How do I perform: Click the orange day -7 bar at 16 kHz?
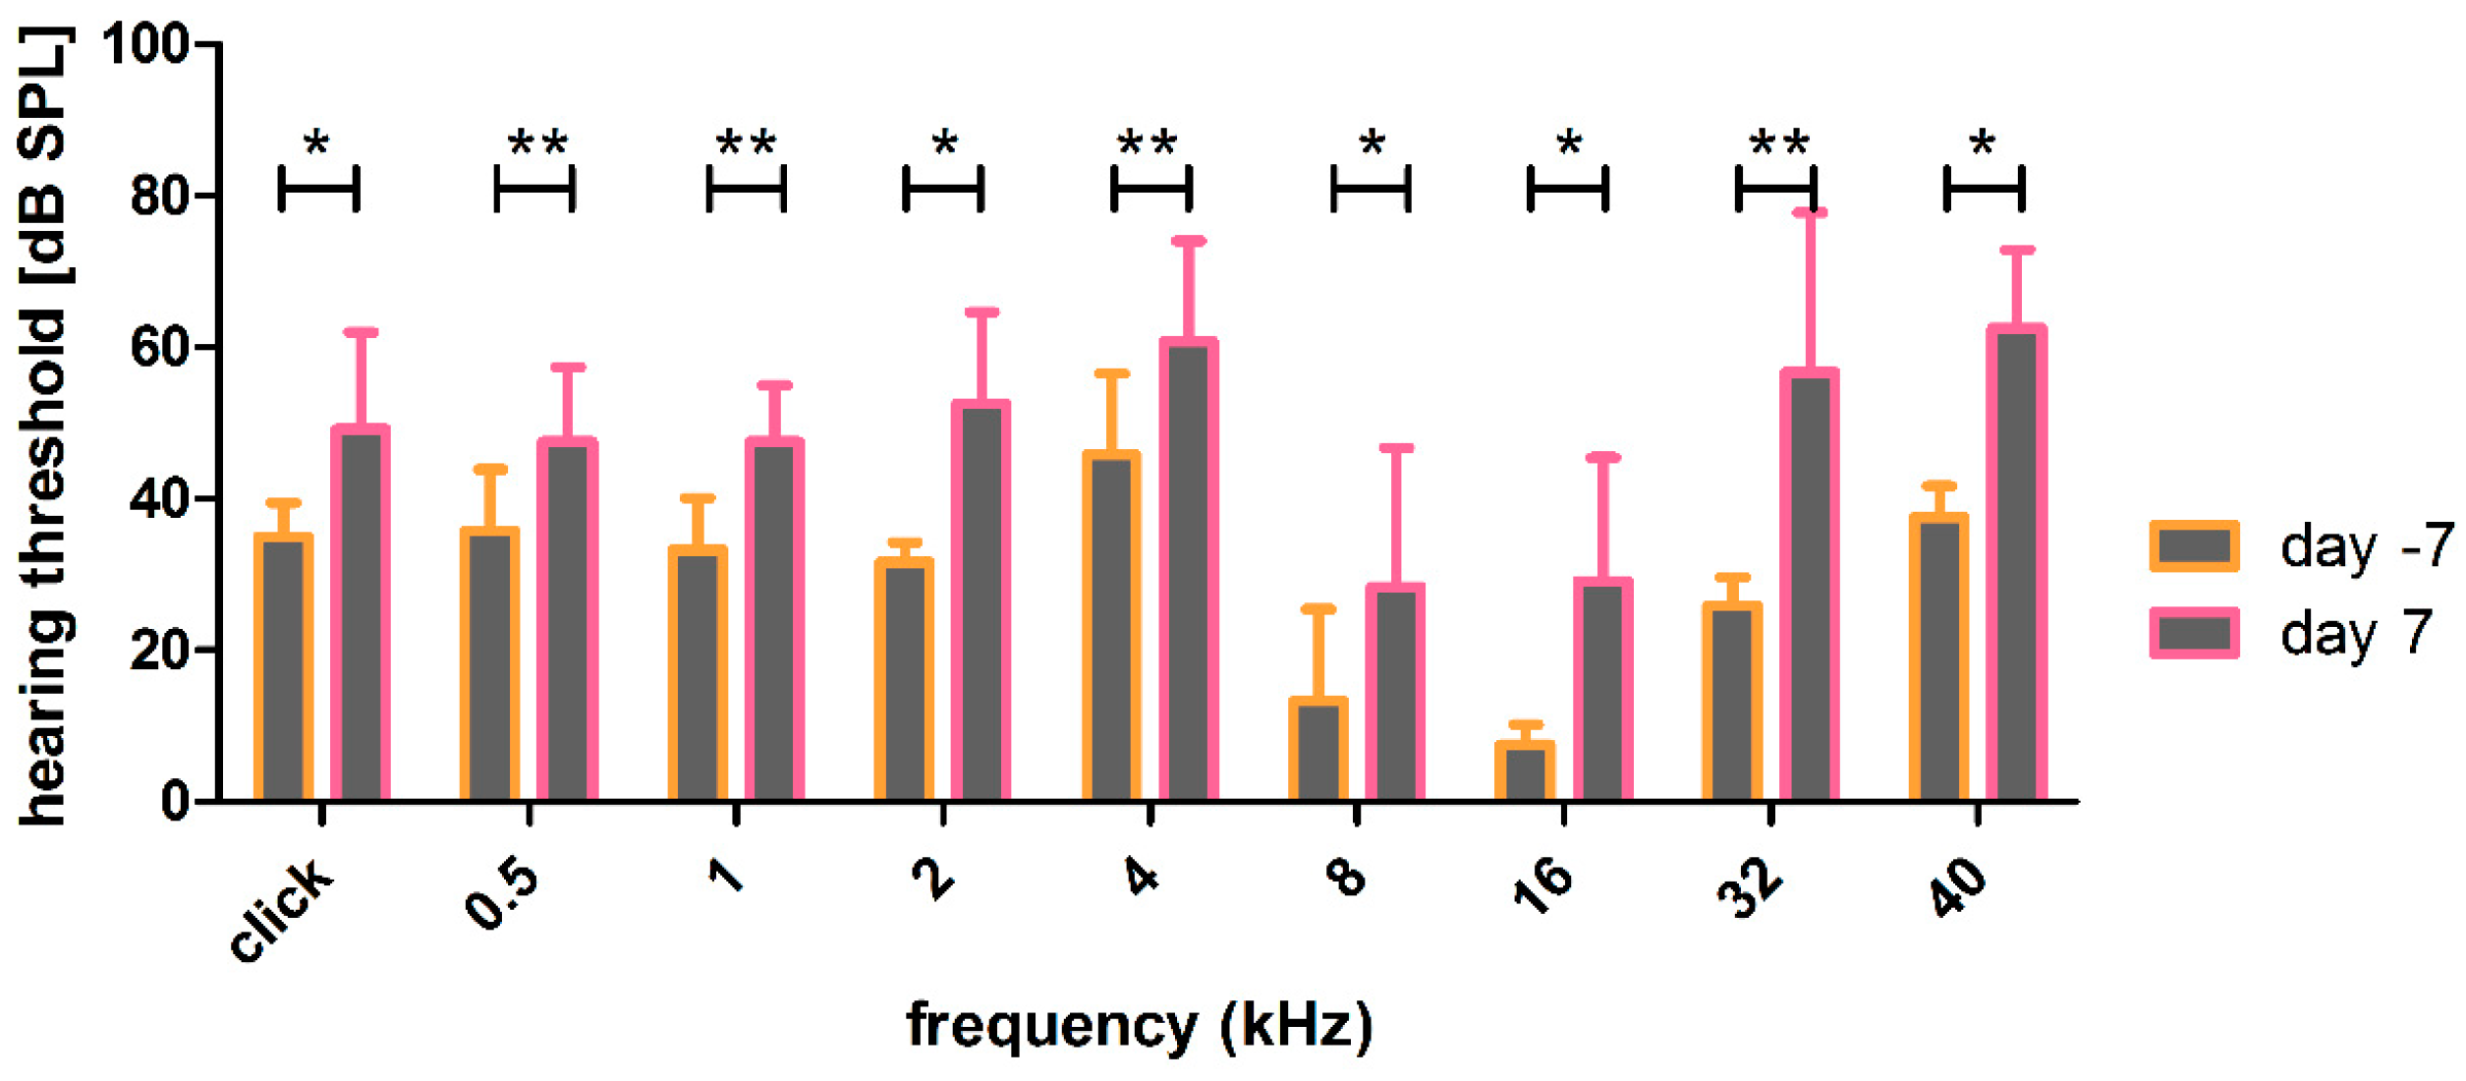point(1524,772)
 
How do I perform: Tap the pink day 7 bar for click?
point(361,614)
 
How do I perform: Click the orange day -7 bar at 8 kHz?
point(1317,751)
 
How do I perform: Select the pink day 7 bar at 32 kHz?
point(1809,586)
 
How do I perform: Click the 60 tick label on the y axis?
point(160,348)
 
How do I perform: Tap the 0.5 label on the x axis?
point(502,894)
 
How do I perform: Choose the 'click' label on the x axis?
point(282,910)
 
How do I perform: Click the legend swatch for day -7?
point(2194,546)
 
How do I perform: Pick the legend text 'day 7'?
point(2355,633)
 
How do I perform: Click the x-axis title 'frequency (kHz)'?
point(1139,1025)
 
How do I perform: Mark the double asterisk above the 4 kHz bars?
point(1147,143)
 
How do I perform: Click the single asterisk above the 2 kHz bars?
point(944,143)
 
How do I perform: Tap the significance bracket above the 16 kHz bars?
point(1568,188)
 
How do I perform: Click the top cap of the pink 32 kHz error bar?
point(1810,212)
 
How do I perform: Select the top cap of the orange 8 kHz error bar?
point(1317,609)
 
